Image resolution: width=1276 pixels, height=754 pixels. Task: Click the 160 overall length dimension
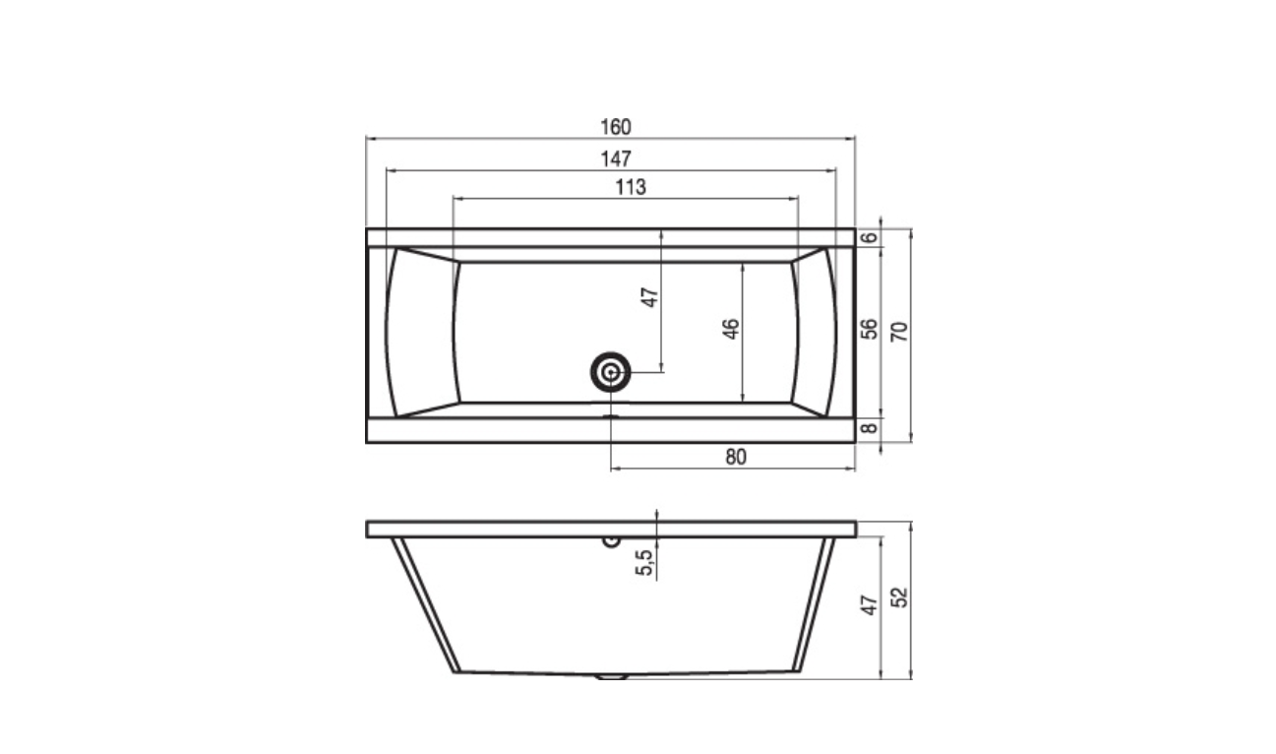[616, 127]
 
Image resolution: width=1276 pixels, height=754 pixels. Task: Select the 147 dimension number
[616, 159]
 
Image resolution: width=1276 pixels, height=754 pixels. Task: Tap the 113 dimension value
[631, 187]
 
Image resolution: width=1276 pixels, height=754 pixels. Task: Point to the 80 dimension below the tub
[736, 457]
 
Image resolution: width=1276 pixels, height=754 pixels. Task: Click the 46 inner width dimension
[731, 329]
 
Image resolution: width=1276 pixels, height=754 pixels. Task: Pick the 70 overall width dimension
[899, 331]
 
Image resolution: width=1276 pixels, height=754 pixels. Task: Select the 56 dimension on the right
[869, 329]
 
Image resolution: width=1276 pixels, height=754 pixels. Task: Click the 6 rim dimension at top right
[869, 237]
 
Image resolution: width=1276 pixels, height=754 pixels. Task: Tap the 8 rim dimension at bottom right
[869, 427]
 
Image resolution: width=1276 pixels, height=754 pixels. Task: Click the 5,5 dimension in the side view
[644, 562]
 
